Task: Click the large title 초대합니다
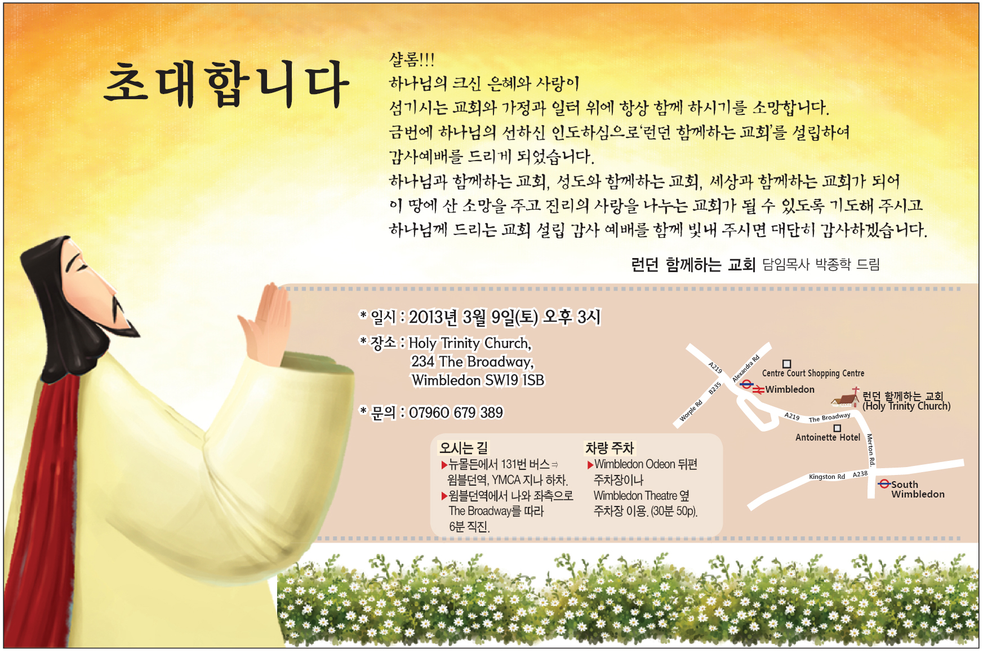(x=226, y=85)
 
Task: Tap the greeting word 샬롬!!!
(x=412, y=59)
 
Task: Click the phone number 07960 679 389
(x=456, y=413)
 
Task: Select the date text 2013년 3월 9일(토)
(x=473, y=317)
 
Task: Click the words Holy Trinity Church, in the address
(x=470, y=343)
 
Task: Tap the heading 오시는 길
(x=464, y=448)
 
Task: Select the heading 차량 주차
(x=610, y=448)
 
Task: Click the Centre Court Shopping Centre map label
(x=813, y=373)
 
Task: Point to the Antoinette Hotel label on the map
(x=828, y=437)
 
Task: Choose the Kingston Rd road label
(x=827, y=477)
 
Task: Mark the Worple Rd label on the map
(x=691, y=411)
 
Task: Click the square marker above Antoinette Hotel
(x=837, y=428)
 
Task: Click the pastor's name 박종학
(x=833, y=264)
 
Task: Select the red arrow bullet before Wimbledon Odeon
(x=590, y=465)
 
